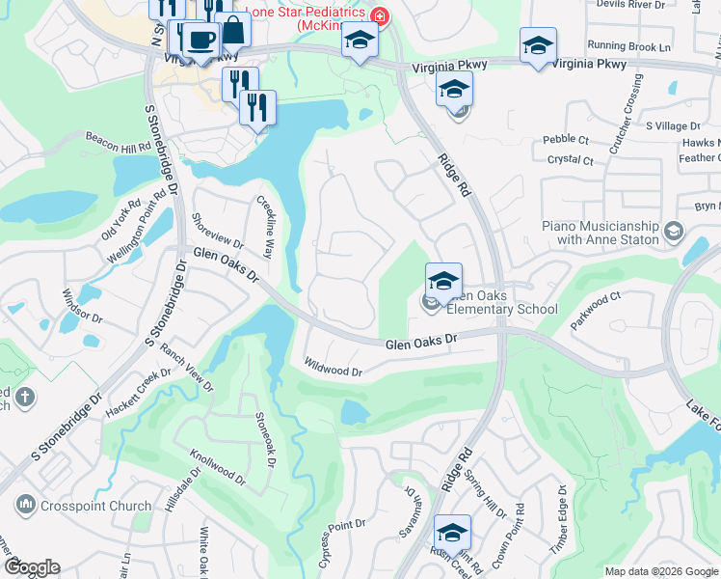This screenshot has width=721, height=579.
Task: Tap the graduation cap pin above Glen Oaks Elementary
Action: pos(443,282)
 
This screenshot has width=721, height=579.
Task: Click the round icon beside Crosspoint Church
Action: pos(25,505)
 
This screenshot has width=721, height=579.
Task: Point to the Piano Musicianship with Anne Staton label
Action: pos(598,233)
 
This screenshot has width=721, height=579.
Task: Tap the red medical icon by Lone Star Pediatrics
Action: pos(380,16)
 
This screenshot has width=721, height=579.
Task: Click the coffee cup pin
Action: pos(200,41)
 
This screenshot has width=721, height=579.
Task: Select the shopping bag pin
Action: pos(232,30)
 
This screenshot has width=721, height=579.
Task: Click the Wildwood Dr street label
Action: pos(333,370)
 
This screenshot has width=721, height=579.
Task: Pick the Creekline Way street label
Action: pos(263,228)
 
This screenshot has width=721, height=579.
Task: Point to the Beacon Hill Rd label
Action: pos(119,142)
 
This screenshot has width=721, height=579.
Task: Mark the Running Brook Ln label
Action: pos(628,46)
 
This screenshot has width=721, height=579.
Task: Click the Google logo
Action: pos(32,567)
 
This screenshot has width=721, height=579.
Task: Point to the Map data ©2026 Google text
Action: pos(660,571)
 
